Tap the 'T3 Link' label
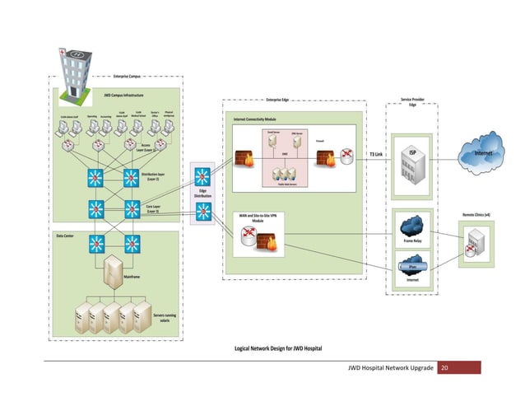coord(376,154)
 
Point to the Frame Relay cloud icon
coord(412,225)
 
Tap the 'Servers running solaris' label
coord(164,320)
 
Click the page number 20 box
coord(448,367)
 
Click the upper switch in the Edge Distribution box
coord(202,176)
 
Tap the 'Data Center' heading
coord(65,236)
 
